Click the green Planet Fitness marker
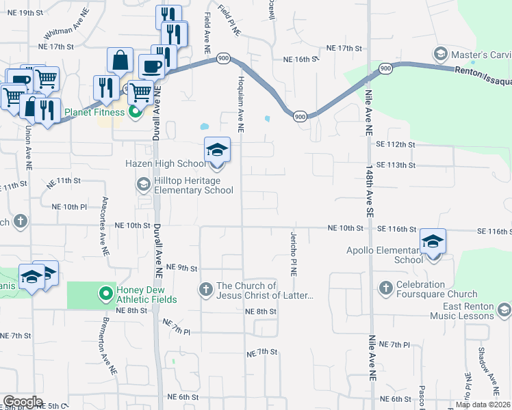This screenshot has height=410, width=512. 135,112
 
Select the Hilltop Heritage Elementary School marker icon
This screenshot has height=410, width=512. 143,183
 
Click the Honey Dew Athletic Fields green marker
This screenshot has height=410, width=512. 105,294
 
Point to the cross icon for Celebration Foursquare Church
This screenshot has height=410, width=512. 385,286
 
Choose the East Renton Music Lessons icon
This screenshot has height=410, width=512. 504,311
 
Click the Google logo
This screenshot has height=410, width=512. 23,402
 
